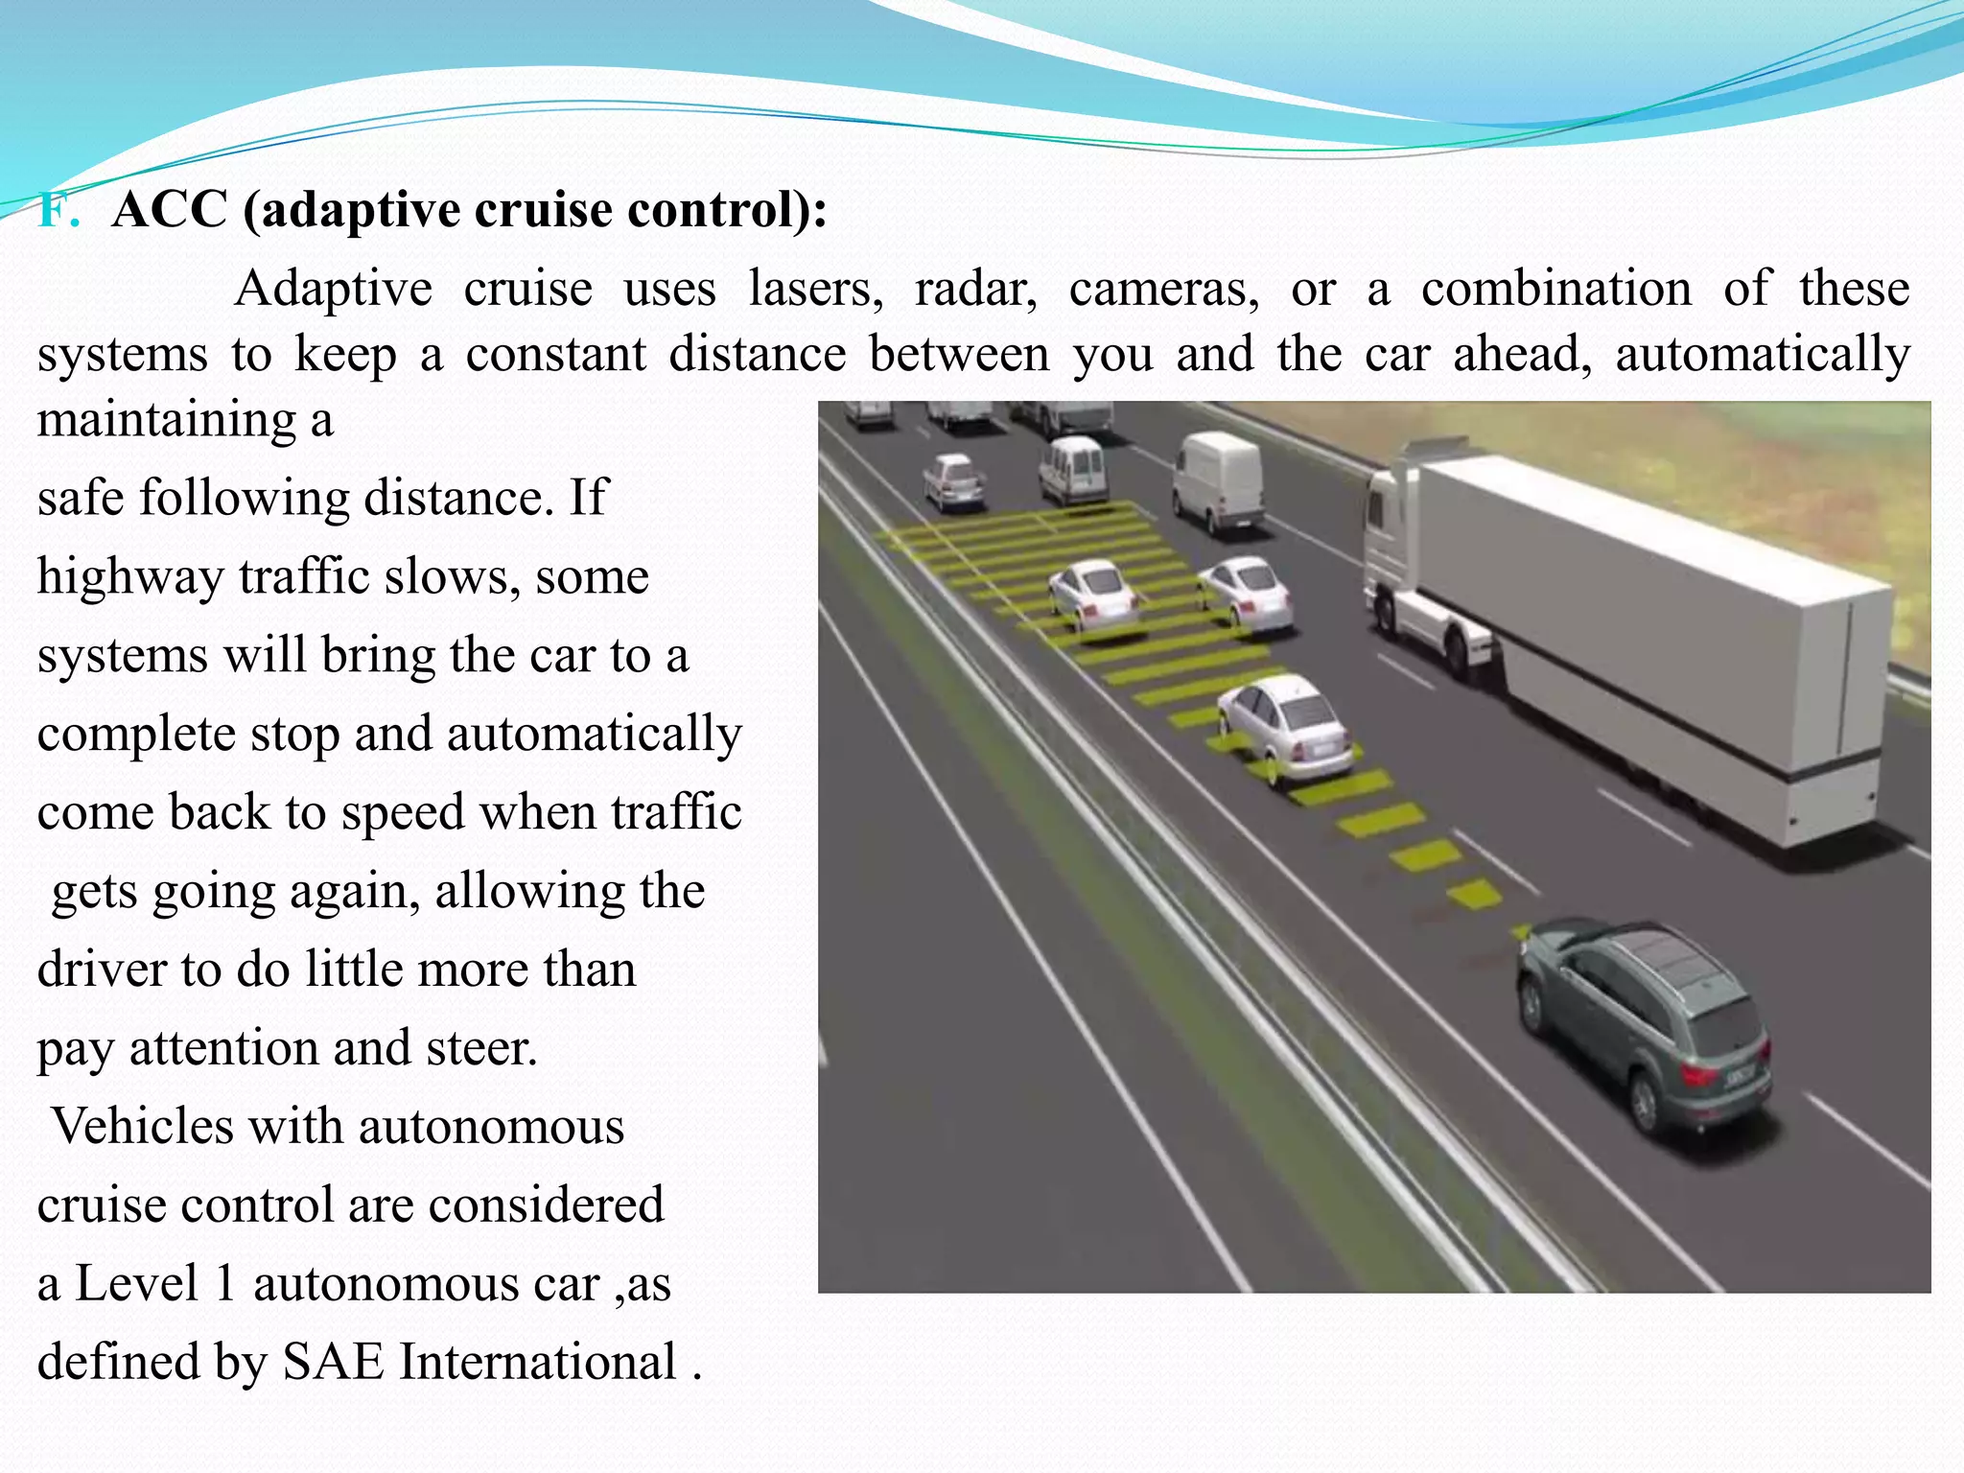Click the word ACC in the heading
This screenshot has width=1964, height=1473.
coord(170,210)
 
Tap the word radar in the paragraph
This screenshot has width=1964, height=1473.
coord(975,289)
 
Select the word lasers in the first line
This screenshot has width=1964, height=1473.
coord(815,289)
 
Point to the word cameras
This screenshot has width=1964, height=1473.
coord(1163,289)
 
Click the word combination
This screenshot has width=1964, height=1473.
coord(1555,289)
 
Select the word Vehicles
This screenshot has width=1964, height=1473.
coord(142,1126)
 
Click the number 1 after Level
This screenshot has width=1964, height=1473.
coord(225,1283)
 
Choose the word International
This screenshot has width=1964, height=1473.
coord(538,1362)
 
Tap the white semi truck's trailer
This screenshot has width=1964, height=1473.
coord(1649,633)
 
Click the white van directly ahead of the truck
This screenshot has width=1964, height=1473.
coord(1219,479)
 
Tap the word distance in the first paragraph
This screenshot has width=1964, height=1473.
coord(758,354)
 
